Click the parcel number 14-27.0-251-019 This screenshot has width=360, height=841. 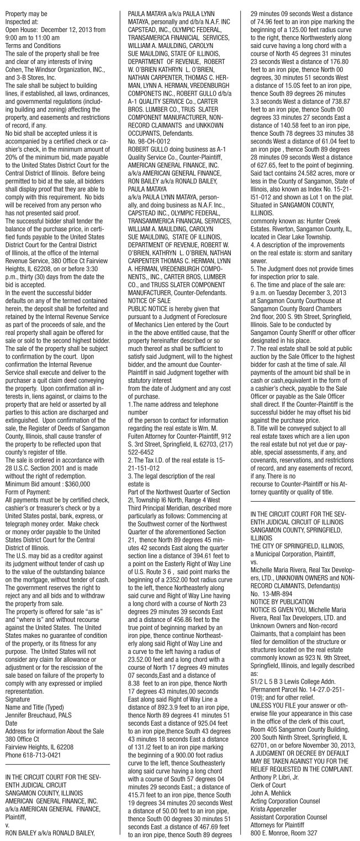coord(305,699)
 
